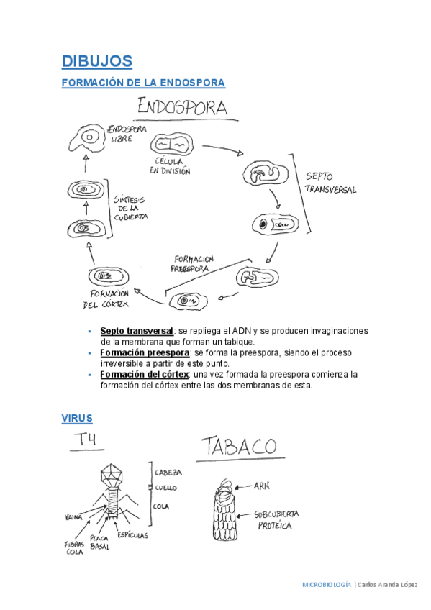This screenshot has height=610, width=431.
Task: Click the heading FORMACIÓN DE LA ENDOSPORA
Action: tap(143, 83)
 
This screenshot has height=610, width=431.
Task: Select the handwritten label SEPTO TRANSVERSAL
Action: tap(330, 183)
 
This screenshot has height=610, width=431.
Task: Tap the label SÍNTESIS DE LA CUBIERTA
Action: tap(131, 207)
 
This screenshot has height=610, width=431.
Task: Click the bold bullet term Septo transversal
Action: tap(137, 331)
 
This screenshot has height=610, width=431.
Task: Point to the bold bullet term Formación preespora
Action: tap(145, 353)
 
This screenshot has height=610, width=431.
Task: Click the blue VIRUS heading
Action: tap(77, 418)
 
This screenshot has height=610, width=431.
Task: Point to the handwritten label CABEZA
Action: tap(168, 473)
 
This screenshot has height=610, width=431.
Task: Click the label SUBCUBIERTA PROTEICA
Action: tap(276, 520)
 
